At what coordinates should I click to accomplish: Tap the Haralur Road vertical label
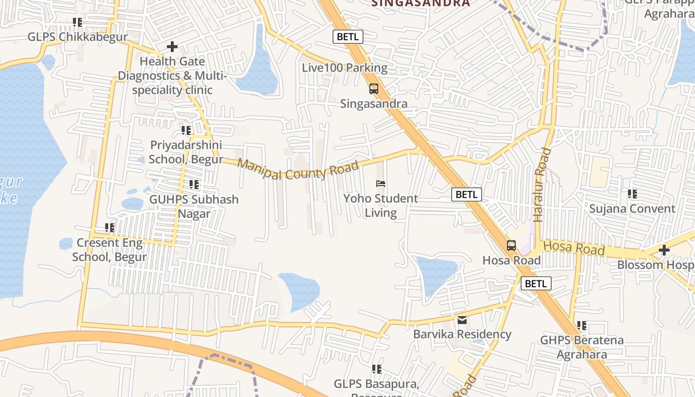[542, 185]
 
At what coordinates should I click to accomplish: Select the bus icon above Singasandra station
[374, 89]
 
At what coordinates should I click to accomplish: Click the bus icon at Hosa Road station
[511, 245]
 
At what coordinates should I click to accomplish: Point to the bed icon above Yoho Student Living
[381, 184]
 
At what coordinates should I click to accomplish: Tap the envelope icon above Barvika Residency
[462, 320]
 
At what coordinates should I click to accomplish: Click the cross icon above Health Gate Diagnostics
[172, 47]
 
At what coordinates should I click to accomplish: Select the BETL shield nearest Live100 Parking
[347, 37]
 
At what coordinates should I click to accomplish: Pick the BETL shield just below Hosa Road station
[536, 283]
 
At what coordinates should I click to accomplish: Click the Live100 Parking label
[345, 67]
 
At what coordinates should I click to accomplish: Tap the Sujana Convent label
[632, 209]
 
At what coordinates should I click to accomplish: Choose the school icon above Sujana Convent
[632, 194]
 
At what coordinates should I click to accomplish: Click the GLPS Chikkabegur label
[77, 37]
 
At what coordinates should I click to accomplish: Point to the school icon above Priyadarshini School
[186, 131]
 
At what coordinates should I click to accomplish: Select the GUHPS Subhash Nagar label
[194, 206]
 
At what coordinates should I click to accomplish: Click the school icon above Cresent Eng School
[110, 228]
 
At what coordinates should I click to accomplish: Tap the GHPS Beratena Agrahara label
[582, 347]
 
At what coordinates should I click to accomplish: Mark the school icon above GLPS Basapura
[377, 369]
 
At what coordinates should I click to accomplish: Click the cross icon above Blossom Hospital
[664, 250]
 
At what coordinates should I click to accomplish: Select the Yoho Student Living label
[381, 206]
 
